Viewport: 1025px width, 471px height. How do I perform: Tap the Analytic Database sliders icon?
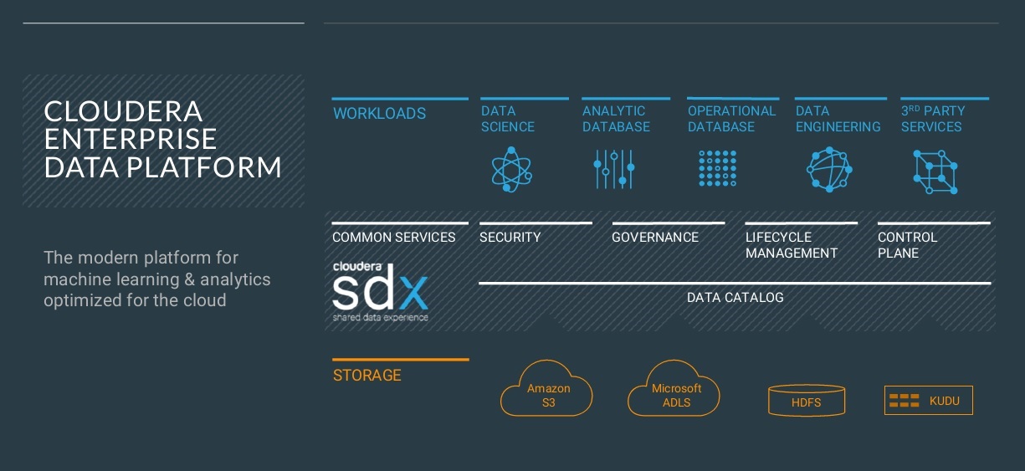(614, 169)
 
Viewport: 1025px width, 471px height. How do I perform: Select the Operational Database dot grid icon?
(718, 168)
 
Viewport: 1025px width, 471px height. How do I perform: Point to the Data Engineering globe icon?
(829, 170)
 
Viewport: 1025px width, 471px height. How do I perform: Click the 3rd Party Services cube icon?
(935, 172)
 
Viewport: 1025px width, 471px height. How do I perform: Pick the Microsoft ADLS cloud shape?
(674, 390)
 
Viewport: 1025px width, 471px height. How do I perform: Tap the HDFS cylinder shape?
(807, 402)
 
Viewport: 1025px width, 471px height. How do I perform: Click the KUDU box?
(929, 401)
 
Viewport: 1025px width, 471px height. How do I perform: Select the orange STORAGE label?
(367, 376)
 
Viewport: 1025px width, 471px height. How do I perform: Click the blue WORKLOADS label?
(380, 114)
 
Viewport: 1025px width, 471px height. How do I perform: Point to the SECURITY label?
(510, 238)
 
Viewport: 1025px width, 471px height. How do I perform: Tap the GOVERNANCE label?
(655, 238)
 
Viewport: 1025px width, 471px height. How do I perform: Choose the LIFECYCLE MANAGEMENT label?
(792, 245)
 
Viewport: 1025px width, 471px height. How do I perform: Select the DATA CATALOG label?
(735, 298)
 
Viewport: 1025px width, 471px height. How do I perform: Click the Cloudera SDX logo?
(381, 291)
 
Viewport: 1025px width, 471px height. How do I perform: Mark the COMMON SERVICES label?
(394, 238)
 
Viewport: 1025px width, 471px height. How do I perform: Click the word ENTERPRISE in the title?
(131, 139)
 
